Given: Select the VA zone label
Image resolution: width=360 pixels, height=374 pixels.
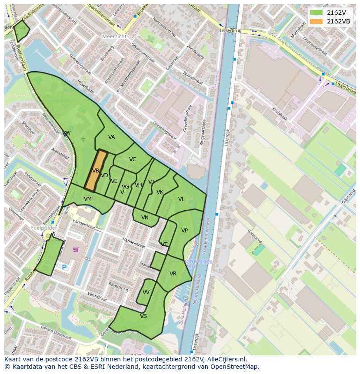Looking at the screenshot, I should pyautogui.click(x=112, y=137).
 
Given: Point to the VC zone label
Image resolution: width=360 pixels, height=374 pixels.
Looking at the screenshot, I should pyautogui.click(x=133, y=159).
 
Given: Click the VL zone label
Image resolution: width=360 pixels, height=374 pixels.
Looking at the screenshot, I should pyautogui.click(x=181, y=199).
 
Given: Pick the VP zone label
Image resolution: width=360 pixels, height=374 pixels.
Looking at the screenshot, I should pyautogui.click(x=184, y=231).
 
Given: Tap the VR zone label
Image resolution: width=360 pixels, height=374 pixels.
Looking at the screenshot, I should pyautogui.click(x=173, y=274).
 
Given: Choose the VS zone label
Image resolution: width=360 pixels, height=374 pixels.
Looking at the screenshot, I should pyautogui.click(x=143, y=316).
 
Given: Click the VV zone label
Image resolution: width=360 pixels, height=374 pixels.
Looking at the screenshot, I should pyautogui.click(x=146, y=292).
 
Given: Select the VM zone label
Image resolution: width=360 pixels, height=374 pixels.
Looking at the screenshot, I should pyautogui.click(x=88, y=199).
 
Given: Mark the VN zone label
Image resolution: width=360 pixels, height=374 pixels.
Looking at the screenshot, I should pyautogui.click(x=145, y=218).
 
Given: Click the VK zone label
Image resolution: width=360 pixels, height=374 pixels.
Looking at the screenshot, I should pyautogui.click(x=160, y=192).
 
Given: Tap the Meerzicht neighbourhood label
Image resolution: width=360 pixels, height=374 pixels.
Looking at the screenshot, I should pyautogui.click(x=114, y=37).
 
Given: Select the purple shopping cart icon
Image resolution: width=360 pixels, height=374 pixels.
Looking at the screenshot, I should pyautogui.click(x=76, y=249).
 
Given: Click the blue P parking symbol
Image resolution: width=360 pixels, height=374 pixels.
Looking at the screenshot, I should pyautogui.click(x=64, y=268).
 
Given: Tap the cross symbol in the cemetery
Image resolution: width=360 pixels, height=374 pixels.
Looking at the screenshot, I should pyautogui.click(x=83, y=139).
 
